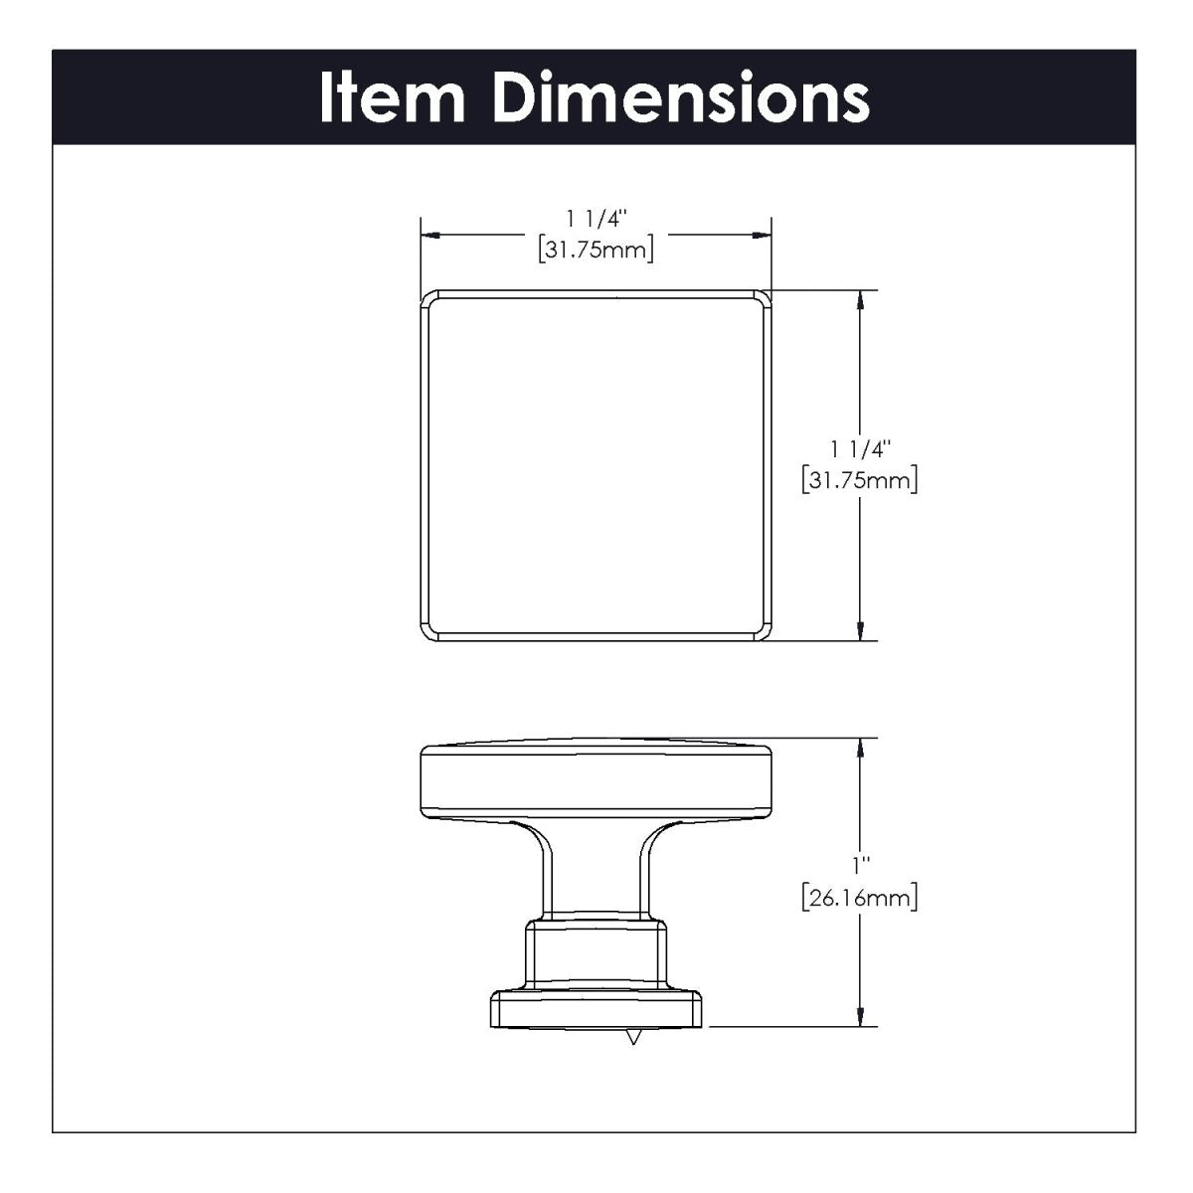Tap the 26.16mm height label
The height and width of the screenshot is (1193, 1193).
click(858, 900)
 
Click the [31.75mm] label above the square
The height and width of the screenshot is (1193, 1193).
click(596, 251)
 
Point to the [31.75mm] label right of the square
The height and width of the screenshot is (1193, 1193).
click(858, 482)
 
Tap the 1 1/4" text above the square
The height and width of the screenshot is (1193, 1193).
click(596, 219)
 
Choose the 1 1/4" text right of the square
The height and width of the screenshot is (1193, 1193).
click(858, 449)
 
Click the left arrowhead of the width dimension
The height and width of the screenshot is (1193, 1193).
click(429, 235)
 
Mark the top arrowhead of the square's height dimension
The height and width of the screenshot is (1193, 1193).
click(859, 298)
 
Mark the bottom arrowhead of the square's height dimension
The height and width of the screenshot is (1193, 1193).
click(859, 632)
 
